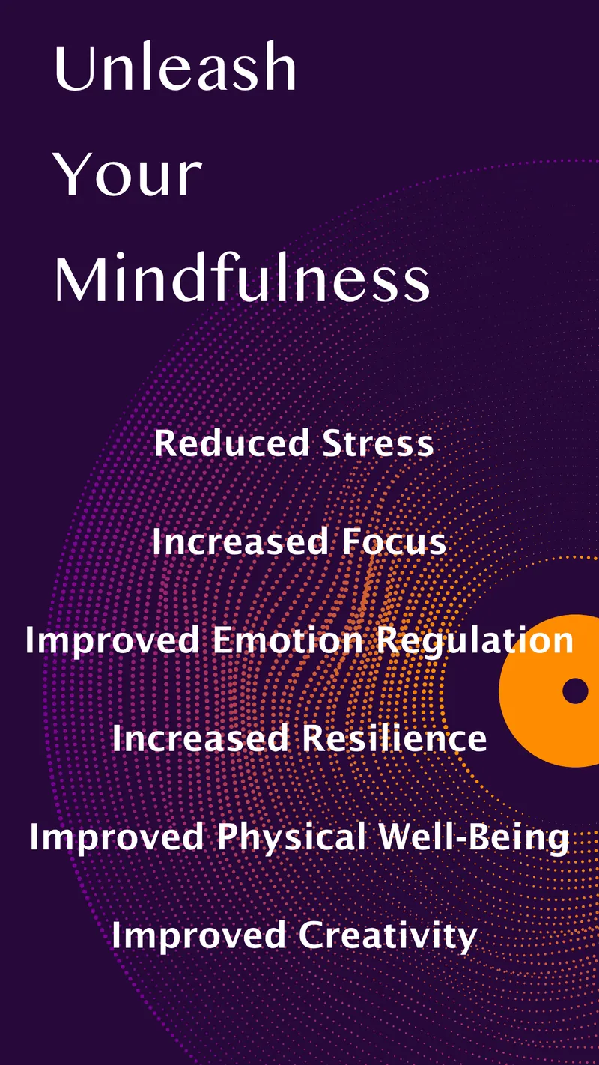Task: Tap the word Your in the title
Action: point(128,175)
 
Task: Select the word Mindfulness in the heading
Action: point(242,281)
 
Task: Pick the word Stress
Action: point(378,443)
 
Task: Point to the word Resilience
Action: point(395,739)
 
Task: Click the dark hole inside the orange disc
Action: point(575,691)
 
